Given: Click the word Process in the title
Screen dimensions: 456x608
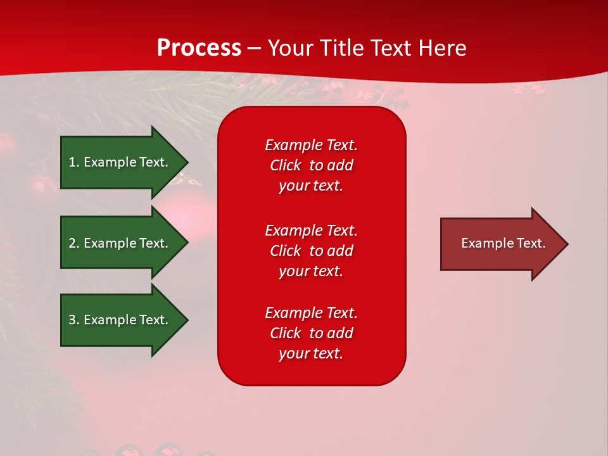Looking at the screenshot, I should (x=199, y=48).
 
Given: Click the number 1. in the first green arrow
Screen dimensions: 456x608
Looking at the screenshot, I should (x=74, y=162).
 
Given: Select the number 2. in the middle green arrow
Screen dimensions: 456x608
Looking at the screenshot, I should (x=74, y=243).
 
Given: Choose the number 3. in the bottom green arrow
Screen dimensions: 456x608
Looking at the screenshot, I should (x=74, y=320).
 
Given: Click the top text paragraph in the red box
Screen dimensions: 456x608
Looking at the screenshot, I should (x=311, y=165).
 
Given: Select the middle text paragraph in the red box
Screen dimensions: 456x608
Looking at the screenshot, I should (x=311, y=251).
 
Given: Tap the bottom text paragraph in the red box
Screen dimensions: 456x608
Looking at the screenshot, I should (x=311, y=333).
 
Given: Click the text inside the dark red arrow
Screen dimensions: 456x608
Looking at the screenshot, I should (x=503, y=243).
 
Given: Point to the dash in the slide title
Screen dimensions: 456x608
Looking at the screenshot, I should (x=254, y=48).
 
